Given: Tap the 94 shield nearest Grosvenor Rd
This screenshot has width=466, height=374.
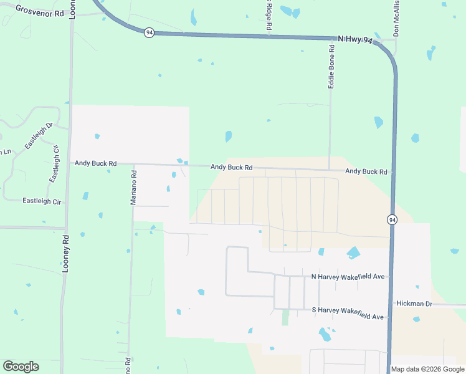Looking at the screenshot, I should [x=149, y=32].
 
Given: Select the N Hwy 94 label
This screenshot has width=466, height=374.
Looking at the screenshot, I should [x=354, y=40].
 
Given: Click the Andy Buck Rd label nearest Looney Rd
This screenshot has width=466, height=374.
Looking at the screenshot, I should [x=95, y=163].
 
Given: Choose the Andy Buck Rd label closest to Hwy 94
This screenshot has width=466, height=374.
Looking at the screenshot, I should [x=366, y=171].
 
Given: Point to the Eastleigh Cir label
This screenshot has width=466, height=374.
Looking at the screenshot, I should [x=42, y=201].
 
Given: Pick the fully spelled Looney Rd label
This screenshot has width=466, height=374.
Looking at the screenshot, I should [x=65, y=254].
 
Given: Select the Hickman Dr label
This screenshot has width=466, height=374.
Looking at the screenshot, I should [x=414, y=304].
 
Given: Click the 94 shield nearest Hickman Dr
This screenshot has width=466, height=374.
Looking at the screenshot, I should [x=391, y=219].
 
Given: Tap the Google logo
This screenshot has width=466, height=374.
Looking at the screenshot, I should [x=21, y=367].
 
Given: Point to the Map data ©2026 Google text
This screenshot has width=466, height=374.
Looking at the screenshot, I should [x=427, y=369].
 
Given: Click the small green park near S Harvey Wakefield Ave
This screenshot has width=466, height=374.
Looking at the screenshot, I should [x=285, y=317].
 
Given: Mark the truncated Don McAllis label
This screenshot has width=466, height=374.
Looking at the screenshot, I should [x=396, y=18].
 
